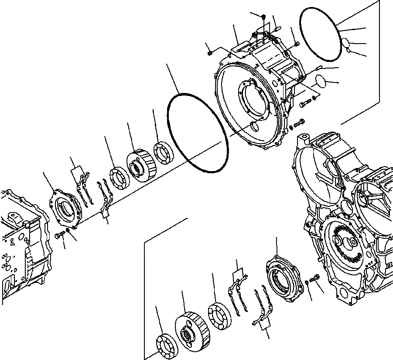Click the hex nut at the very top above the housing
click(x=264, y=17)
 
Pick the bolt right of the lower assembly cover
click(x=315, y=278)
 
